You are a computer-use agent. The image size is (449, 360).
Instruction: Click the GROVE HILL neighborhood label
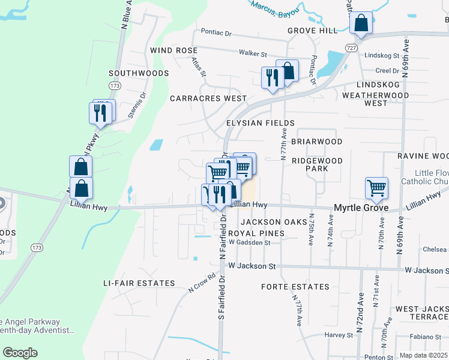[313, 31]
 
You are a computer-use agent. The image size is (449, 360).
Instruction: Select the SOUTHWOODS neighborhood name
[139, 73]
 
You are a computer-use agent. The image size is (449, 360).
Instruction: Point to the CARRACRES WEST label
[208, 98]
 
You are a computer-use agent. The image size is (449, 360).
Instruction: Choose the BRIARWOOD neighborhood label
[316, 142]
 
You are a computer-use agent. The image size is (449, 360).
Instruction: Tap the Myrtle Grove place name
[361, 208]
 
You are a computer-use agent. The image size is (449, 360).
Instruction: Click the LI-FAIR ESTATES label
[139, 283]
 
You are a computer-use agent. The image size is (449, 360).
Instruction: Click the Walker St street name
[252, 53]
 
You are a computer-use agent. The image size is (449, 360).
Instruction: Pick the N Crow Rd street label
[202, 283]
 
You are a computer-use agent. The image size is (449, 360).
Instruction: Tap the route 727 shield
[352, 47]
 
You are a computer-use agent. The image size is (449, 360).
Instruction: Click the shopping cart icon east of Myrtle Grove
[376, 188]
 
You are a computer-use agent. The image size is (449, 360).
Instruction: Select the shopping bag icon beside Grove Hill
[361, 23]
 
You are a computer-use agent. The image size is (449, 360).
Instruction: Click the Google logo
[20, 353]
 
